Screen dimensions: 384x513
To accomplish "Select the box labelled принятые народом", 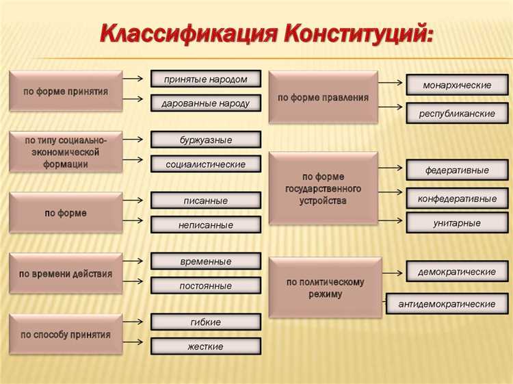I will point(205,79).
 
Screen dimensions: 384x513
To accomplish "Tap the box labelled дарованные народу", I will point(205,103).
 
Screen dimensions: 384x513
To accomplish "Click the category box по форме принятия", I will point(66,91).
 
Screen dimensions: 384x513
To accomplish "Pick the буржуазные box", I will point(205,140).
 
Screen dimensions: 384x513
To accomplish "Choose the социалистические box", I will point(205,164).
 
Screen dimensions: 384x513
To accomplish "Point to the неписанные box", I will point(205,225).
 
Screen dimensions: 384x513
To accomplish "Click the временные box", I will point(205,261).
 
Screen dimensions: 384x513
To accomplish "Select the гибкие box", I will point(205,322).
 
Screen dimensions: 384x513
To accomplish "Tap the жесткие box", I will point(205,346).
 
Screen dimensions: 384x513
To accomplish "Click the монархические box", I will point(457,85).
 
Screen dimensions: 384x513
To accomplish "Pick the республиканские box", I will point(457,114).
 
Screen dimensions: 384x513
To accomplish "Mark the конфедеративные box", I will point(457,199).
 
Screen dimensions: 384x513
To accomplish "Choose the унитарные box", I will point(457,222).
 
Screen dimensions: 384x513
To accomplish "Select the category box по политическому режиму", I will point(325,287).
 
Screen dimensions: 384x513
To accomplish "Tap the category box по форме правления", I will point(323,97).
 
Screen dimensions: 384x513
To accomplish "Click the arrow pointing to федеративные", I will point(391,166).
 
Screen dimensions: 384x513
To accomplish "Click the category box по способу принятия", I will point(66,335).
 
